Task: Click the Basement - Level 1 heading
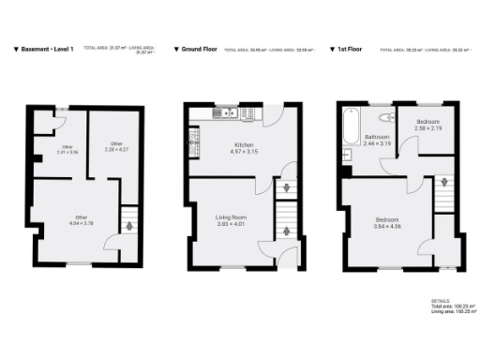pyautogui.click(x=48, y=48)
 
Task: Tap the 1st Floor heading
pyautogui.click(x=352, y=48)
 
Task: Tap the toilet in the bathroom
pyautogui.click(x=385, y=117)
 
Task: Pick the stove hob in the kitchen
pyautogui.click(x=248, y=113)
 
